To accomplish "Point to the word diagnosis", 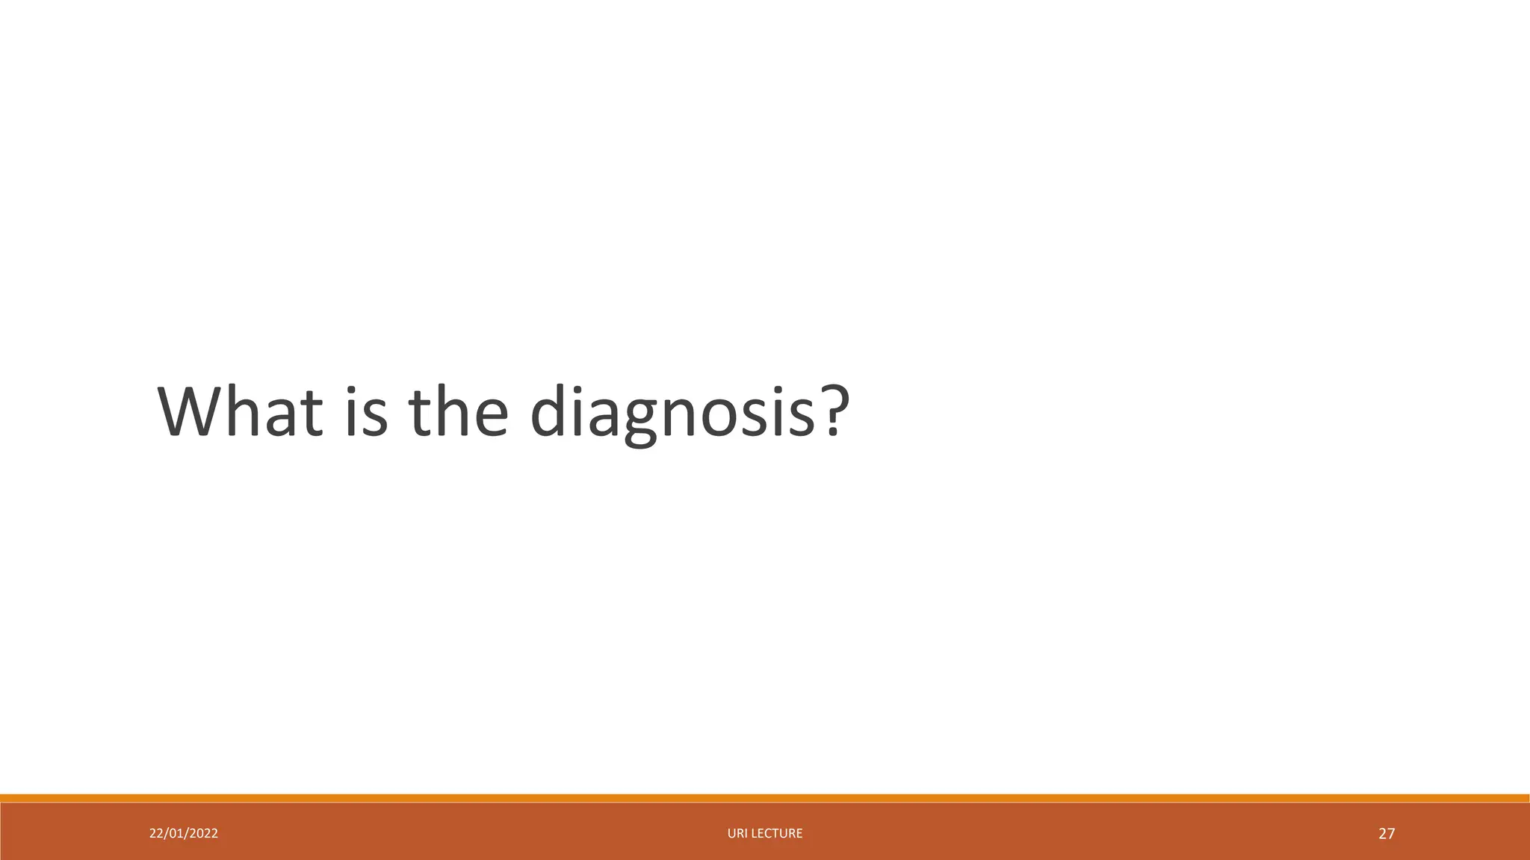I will point(672,413).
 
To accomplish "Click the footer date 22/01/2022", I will point(184,833).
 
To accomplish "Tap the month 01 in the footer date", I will point(176,833).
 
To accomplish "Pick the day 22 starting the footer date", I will point(156,833).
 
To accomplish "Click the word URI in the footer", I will point(736,833).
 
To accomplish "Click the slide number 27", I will point(1387,834).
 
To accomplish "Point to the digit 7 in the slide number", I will point(1391,834).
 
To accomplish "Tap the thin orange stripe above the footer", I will point(765,798).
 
